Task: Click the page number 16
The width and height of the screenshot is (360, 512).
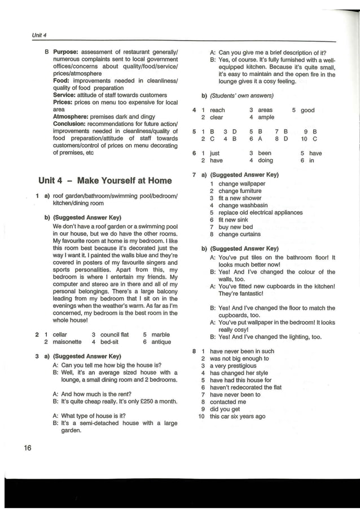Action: (28, 448)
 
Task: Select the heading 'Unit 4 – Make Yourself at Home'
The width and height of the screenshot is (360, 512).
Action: (105, 180)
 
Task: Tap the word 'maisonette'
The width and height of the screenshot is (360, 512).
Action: (67, 342)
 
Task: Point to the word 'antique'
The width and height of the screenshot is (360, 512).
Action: (161, 342)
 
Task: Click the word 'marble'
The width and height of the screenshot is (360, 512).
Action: (160, 334)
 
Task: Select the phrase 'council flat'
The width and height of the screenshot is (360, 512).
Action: (115, 334)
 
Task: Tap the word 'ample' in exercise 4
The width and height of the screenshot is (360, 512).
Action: (266, 117)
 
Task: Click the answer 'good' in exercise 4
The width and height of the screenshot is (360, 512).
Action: (308, 110)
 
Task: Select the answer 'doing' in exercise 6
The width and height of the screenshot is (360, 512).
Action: (265, 160)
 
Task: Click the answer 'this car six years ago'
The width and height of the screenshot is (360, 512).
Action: (238, 417)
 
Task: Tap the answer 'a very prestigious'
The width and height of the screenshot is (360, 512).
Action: (233, 365)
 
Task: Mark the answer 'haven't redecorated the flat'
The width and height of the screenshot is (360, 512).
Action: (245, 387)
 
